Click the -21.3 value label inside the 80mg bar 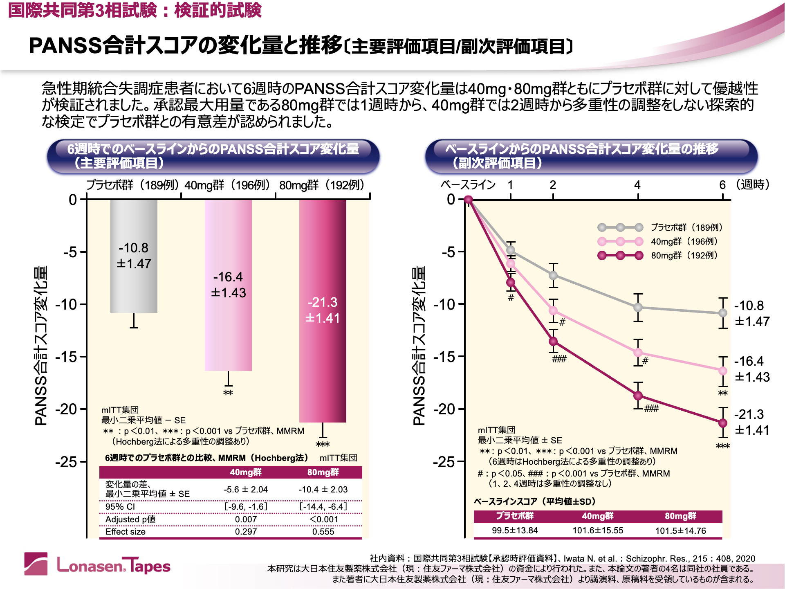pos(323,302)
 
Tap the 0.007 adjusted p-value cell pos(246,519)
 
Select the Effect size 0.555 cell pos(323,532)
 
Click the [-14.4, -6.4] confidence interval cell pos(323,507)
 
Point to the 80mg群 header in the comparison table pos(323,472)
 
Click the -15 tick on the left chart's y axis pos(66,357)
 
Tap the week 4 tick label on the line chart pos(637,185)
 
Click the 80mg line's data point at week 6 pos(723,423)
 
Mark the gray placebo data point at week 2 pos(553,275)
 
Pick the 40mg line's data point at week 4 pos(638,353)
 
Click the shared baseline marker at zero pos(469,200)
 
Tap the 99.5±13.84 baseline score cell pos(515,531)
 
